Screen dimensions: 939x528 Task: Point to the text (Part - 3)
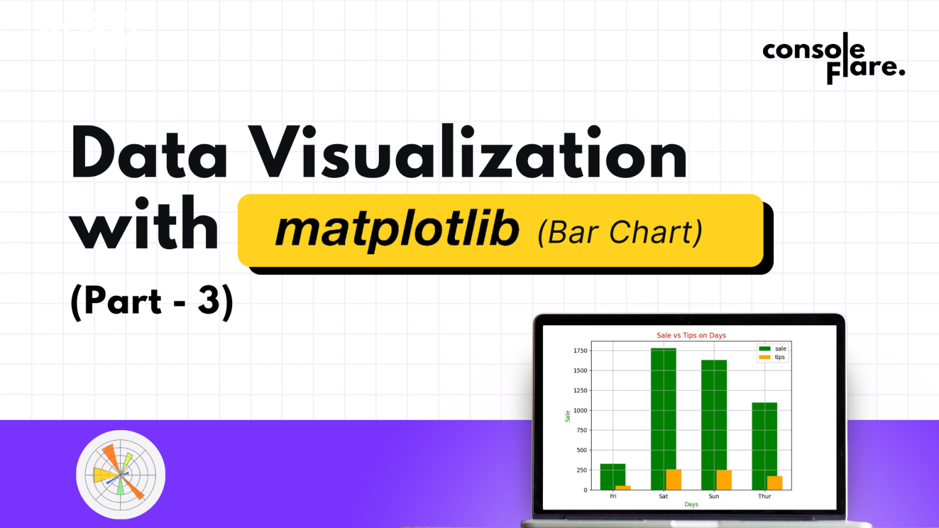pyautogui.click(x=152, y=301)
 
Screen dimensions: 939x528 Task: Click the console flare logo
pyautogui.click(x=833, y=58)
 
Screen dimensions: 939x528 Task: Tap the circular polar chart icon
pyautogui.click(x=120, y=474)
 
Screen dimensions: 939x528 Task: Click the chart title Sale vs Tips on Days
pyautogui.click(x=691, y=335)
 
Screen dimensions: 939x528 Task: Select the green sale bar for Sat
pyautogui.click(x=663, y=419)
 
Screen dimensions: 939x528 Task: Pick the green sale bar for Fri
pyautogui.click(x=613, y=477)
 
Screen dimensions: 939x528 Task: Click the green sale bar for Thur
pyautogui.click(x=764, y=446)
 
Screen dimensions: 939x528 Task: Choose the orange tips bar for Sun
pyautogui.click(x=724, y=480)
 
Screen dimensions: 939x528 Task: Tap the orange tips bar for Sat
pyautogui.click(x=673, y=479)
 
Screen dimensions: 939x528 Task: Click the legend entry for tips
pyautogui.click(x=772, y=357)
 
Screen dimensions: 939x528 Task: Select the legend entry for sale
pyautogui.click(x=773, y=349)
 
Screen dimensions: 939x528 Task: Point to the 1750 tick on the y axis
pyautogui.click(x=580, y=350)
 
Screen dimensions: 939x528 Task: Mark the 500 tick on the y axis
pyautogui.click(x=582, y=450)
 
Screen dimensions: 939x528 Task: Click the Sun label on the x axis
pyautogui.click(x=713, y=496)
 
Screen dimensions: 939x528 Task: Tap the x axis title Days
pyautogui.click(x=691, y=504)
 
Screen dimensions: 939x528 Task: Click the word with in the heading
pyautogui.click(x=144, y=224)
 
